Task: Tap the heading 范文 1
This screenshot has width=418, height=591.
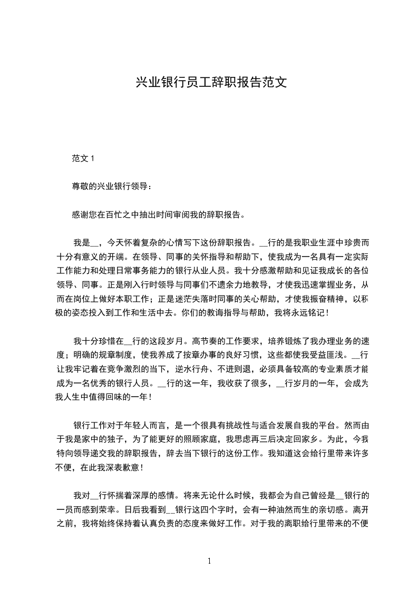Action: [x=83, y=158]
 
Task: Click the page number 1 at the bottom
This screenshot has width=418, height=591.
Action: [x=209, y=560]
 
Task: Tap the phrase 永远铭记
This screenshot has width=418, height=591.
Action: [x=311, y=312]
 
